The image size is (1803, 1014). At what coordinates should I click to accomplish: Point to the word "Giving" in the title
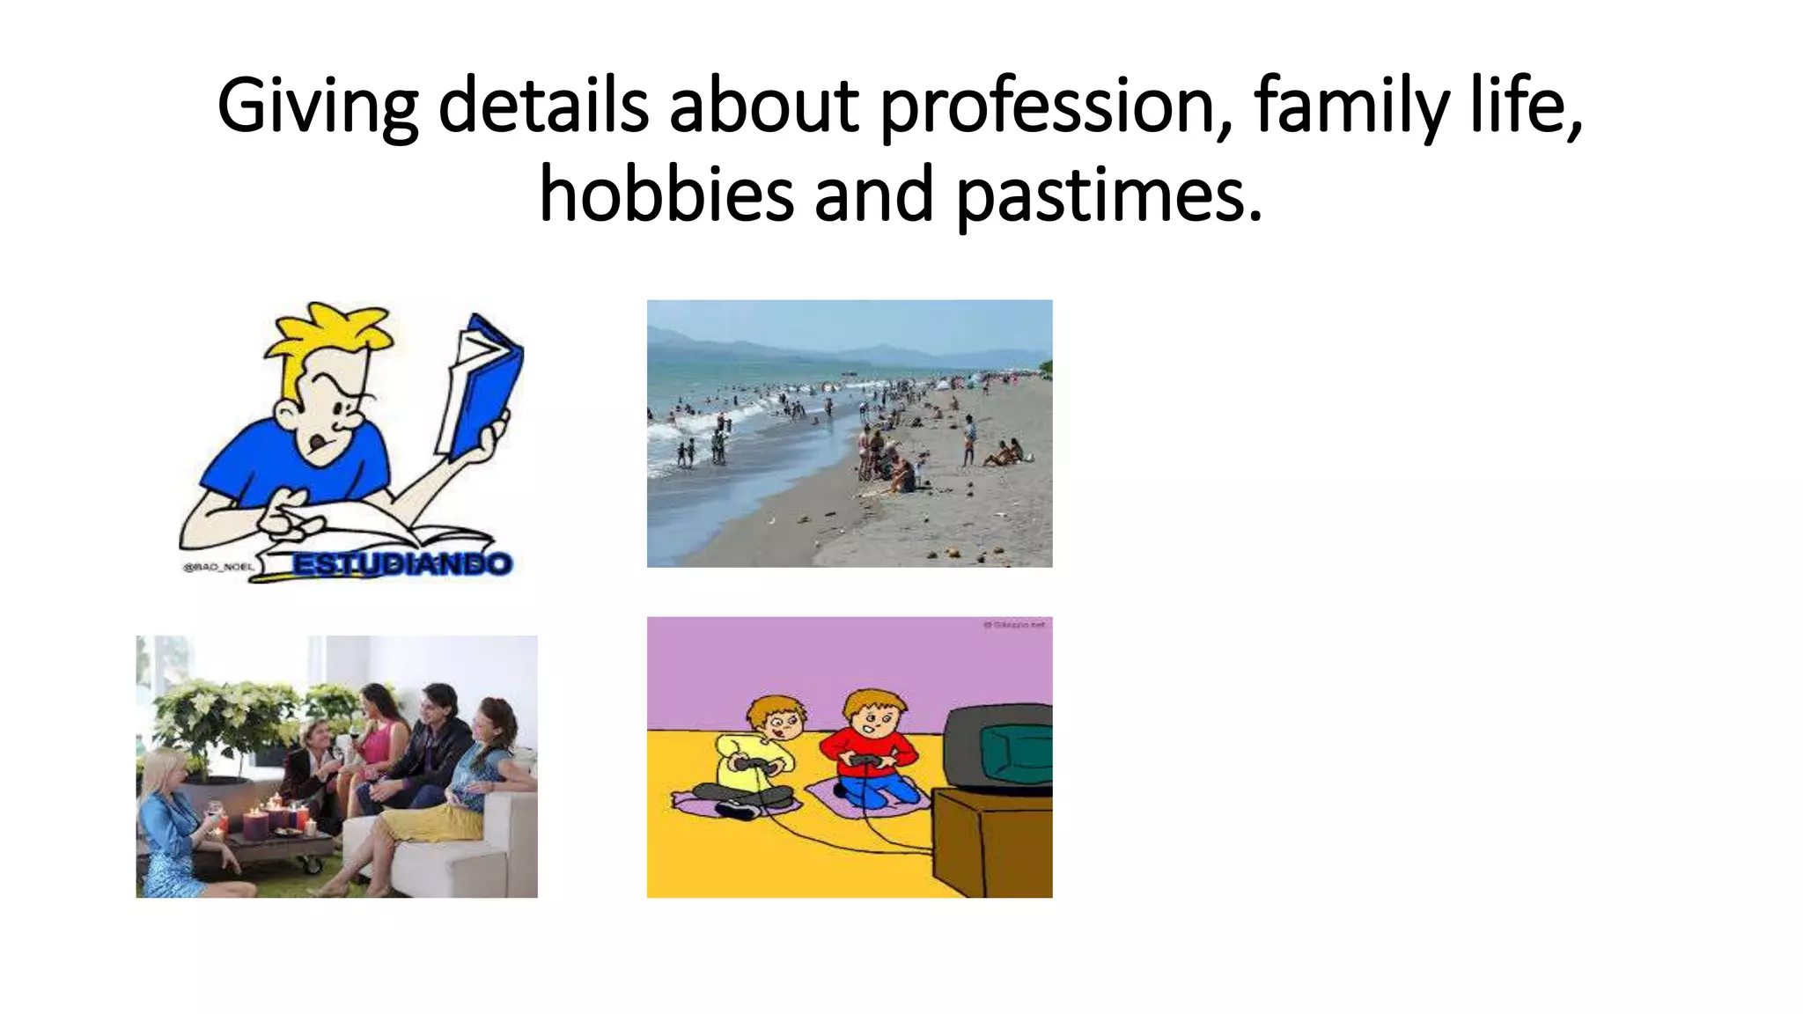[317, 106]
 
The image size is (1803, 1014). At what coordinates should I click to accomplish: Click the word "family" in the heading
[1350, 106]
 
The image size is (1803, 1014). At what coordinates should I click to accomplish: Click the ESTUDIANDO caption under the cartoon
[401, 563]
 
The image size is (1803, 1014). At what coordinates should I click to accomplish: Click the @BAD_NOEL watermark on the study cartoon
[217, 567]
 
